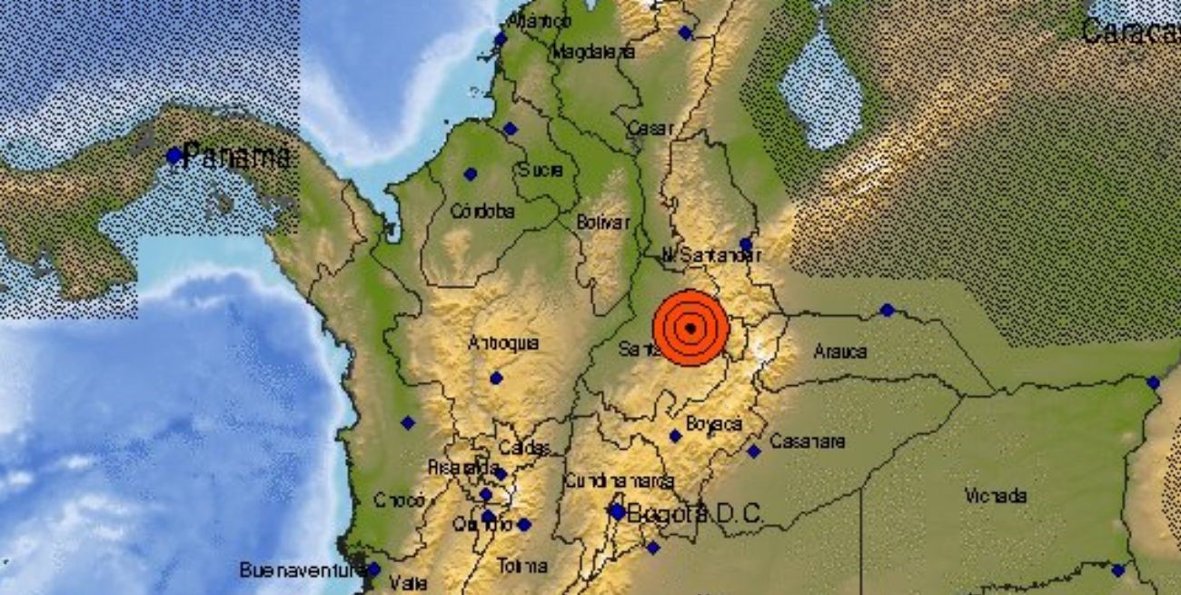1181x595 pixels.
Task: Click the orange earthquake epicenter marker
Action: point(690,328)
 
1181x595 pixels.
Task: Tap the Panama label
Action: point(237,157)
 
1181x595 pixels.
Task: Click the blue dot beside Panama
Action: point(174,155)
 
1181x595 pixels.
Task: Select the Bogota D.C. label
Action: point(696,513)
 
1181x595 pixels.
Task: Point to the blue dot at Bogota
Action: point(617,512)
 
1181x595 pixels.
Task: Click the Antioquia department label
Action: point(503,343)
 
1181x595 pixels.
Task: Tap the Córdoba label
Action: point(482,212)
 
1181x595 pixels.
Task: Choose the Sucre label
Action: point(541,170)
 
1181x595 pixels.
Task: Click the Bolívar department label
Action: point(603,222)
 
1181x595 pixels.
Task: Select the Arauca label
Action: point(839,351)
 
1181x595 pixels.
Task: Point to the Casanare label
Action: point(807,441)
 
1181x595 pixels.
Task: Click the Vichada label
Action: point(997,496)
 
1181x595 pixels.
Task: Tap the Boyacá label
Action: point(714,423)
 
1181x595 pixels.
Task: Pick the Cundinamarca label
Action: point(619,481)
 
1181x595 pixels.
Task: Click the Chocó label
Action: point(400,500)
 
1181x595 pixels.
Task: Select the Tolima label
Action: point(522,565)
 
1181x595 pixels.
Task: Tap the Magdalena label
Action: point(592,52)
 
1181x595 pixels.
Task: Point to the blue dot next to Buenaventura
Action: point(373,570)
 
